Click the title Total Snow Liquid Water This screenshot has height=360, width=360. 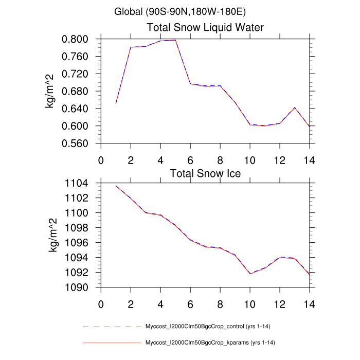tap(206, 27)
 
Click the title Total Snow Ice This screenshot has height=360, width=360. tap(205, 173)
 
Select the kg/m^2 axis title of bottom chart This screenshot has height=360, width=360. tap(52, 235)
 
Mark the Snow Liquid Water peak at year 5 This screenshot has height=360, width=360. tap(175, 40)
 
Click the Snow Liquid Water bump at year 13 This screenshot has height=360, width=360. tap(294, 107)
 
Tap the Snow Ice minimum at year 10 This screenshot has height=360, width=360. tap(250, 274)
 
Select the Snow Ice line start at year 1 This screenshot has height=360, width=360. tap(116, 186)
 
